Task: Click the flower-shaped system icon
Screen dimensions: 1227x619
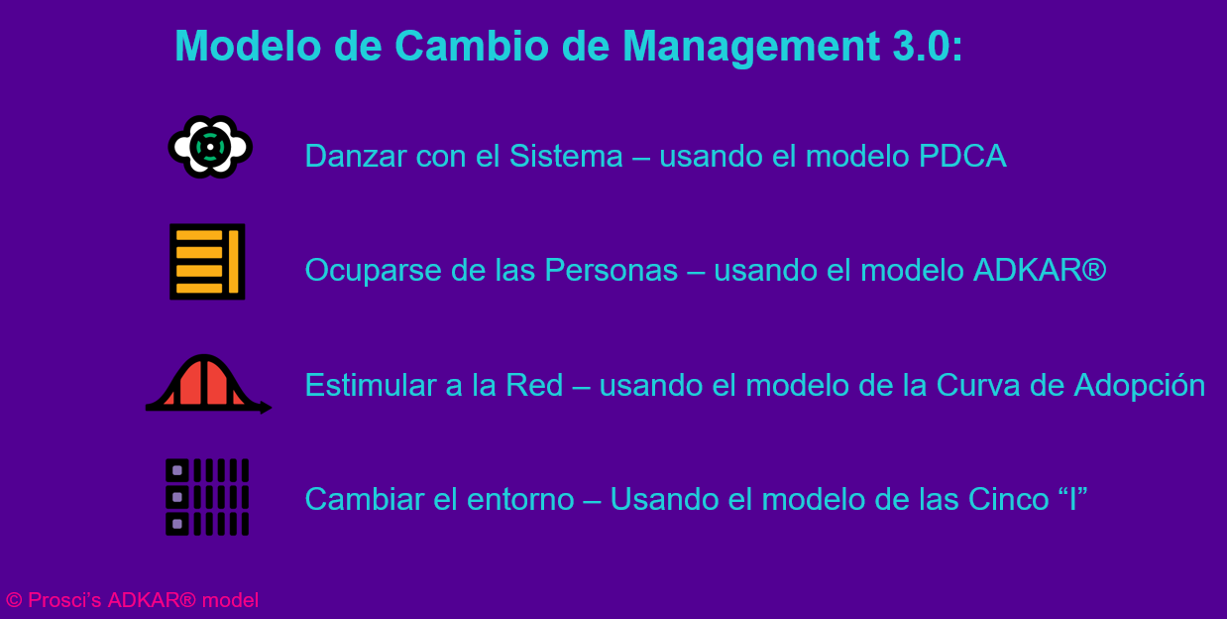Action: pos(210,147)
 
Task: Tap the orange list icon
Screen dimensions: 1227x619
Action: pos(207,262)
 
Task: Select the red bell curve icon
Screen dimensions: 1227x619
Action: pos(208,384)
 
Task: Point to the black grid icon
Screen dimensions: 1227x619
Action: pos(207,497)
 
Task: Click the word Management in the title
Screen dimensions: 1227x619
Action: pos(751,48)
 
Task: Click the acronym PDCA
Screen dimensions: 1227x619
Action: pos(962,156)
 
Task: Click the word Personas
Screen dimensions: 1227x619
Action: pos(611,270)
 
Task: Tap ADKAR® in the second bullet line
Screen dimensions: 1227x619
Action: pos(1040,270)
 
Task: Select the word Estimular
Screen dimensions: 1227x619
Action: pos(371,385)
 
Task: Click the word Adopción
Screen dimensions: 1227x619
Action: pos(1140,386)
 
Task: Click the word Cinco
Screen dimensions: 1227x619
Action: pos(1008,499)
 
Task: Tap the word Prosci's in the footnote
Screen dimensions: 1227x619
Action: pos(64,600)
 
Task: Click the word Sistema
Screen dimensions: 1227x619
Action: pos(566,156)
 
